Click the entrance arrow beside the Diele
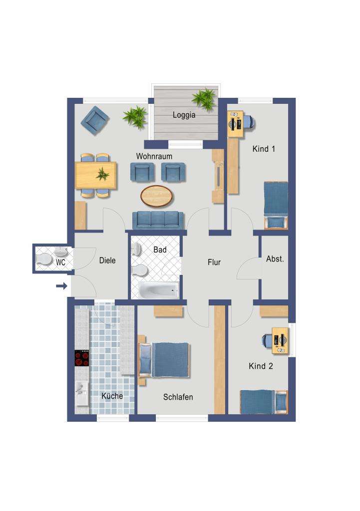[x=61, y=286]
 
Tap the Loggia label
[x=184, y=115]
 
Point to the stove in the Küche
[x=82, y=358]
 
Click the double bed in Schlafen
[x=170, y=359]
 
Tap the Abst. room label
[x=275, y=259]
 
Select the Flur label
[x=214, y=262]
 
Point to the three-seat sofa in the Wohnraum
[x=158, y=220]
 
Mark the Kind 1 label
[x=264, y=149]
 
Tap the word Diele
[x=107, y=260]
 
